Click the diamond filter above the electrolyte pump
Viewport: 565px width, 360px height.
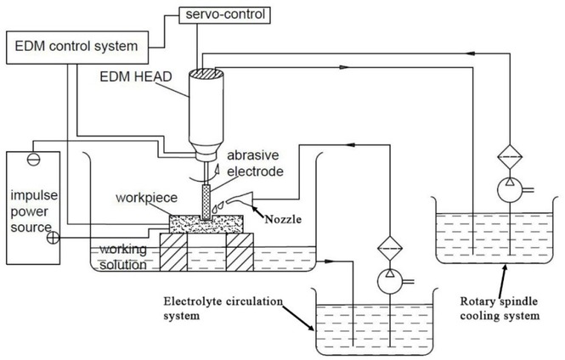pos(388,245)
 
